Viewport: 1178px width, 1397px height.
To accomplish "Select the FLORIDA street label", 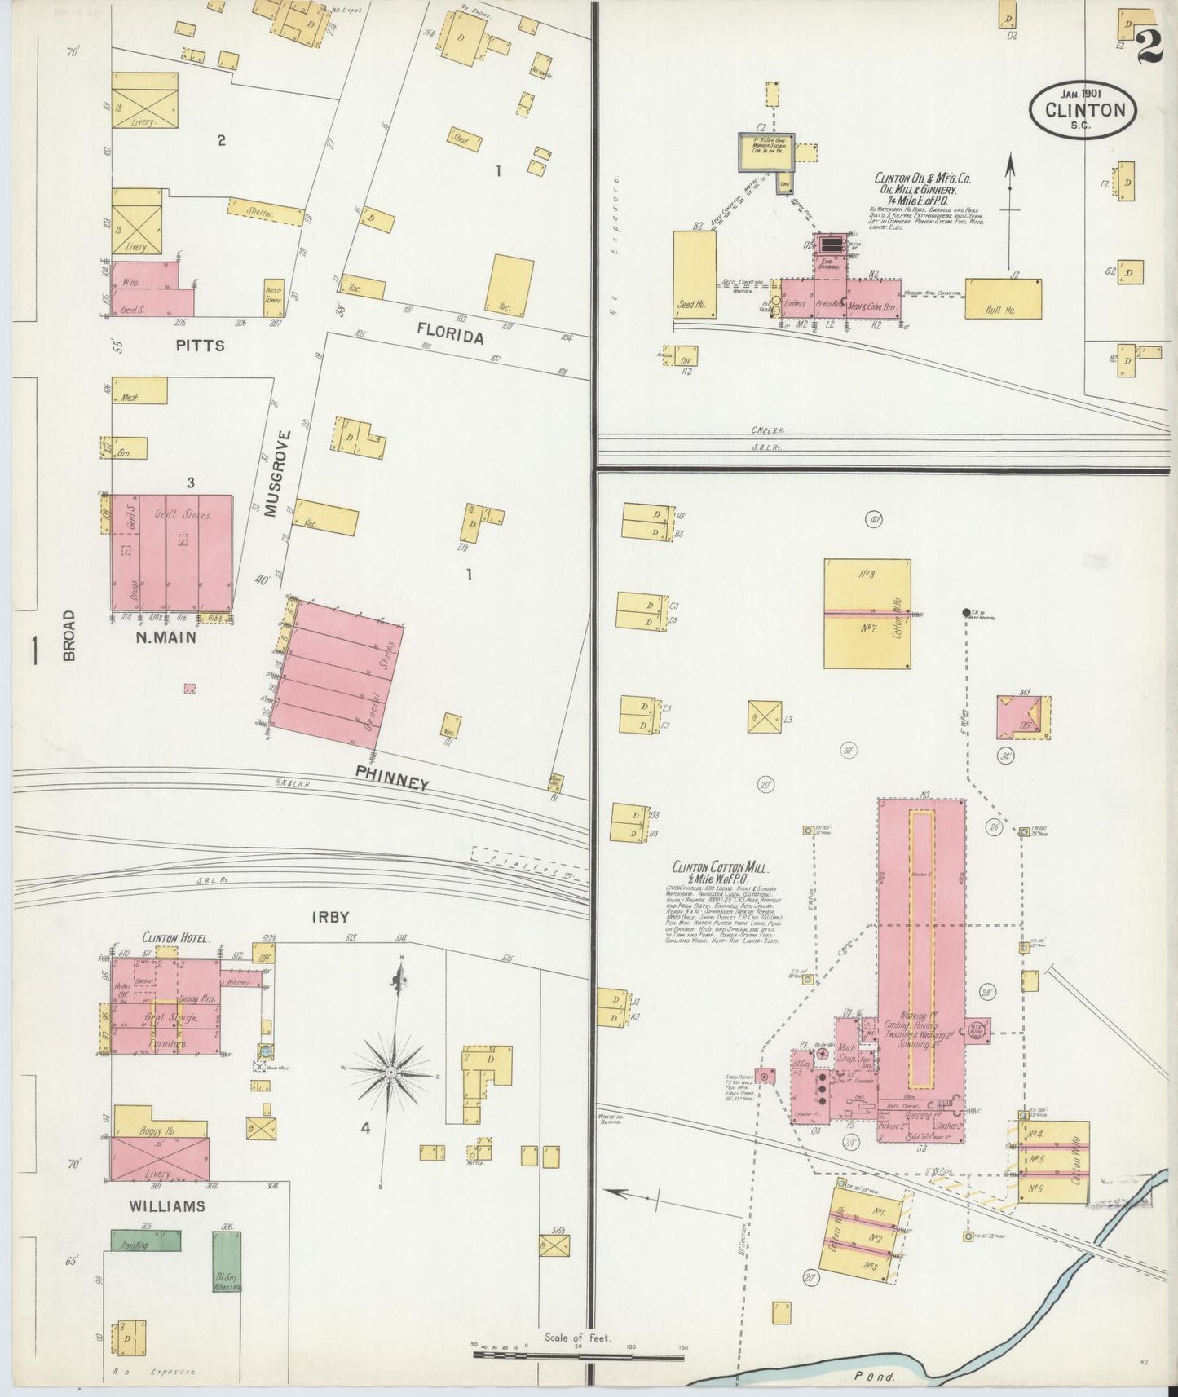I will click(451, 334).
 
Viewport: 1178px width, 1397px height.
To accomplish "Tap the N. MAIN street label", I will click(166, 638).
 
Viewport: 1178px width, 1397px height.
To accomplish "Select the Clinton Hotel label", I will click(177, 939).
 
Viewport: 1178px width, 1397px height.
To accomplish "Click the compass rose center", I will click(392, 1070).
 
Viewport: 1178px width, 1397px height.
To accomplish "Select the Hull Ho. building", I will click(1003, 298).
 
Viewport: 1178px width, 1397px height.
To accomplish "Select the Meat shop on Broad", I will click(139, 391).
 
